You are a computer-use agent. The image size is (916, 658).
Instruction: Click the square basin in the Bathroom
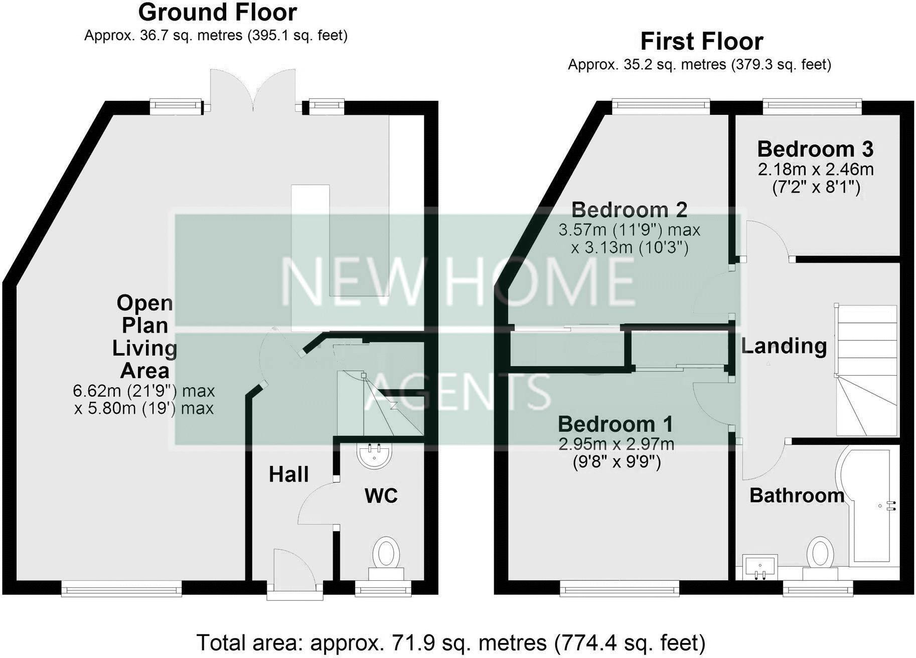pos(759,567)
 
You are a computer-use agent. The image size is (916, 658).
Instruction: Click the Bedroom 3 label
pos(815,149)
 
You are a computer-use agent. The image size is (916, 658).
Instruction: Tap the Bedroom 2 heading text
pos(629,210)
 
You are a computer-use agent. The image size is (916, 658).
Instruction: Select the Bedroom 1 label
pos(615,424)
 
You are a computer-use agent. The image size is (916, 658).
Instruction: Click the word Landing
pos(784,346)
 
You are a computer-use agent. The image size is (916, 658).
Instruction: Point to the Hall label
pos(288,474)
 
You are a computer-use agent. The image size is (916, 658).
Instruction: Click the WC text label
pos(381,496)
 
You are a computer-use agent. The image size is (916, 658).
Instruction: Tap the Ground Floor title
pos(217,13)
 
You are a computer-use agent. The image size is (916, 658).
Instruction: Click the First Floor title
pos(701,42)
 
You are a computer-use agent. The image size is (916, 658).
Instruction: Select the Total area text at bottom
pos(450,642)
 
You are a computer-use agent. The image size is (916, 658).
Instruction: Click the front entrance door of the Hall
pos(294,577)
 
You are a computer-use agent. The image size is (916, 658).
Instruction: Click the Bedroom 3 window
pos(812,105)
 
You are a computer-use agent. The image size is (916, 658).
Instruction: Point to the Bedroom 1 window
pos(620,589)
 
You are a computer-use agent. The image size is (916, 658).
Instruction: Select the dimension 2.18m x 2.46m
pos(816,170)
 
